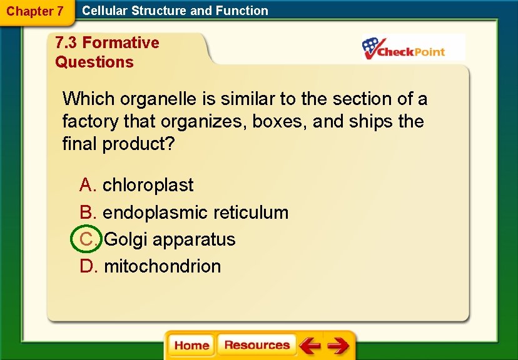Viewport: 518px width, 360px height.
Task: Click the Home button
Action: (x=191, y=346)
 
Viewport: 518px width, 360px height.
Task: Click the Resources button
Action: (x=256, y=345)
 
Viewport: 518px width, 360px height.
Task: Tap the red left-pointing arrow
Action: (x=309, y=345)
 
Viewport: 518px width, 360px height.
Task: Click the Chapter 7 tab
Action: (x=35, y=11)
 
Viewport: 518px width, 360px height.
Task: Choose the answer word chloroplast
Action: (x=148, y=185)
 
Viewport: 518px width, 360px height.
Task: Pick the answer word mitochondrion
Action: (x=162, y=266)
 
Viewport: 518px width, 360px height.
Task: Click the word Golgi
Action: (x=126, y=239)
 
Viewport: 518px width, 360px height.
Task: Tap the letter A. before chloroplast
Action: (x=88, y=185)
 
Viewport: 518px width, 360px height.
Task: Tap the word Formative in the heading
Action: (x=121, y=42)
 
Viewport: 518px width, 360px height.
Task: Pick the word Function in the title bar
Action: (x=241, y=11)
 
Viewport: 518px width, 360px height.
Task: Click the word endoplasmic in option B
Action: (x=147, y=212)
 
